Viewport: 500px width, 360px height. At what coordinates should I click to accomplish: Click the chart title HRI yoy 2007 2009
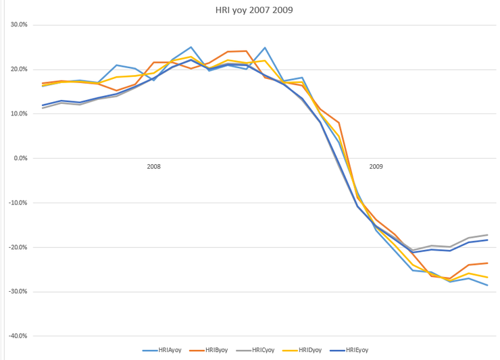click(x=249, y=10)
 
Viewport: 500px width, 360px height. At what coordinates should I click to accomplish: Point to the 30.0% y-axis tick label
click(x=19, y=25)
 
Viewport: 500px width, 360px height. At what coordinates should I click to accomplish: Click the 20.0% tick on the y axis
click(x=19, y=70)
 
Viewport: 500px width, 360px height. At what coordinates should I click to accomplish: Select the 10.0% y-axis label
click(x=19, y=114)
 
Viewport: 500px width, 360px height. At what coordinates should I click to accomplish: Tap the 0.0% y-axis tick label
click(x=20, y=158)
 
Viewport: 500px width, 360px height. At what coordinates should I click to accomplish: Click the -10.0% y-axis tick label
click(x=18, y=203)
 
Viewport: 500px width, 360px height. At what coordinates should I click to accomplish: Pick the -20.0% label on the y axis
click(x=18, y=247)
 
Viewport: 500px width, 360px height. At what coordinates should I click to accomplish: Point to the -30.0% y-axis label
click(x=18, y=292)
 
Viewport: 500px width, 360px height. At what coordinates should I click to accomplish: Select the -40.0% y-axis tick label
click(x=18, y=336)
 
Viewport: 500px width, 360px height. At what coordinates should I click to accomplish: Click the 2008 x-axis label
click(x=153, y=166)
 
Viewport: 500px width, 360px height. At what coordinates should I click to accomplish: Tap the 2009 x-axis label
click(x=376, y=166)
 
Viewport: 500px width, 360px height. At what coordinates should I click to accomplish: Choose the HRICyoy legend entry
click(x=259, y=350)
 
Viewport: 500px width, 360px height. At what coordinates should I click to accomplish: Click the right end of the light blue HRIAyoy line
click(x=487, y=285)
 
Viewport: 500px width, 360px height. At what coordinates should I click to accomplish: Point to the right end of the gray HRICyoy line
click(x=487, y=235)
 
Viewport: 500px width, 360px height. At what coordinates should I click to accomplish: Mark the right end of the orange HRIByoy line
click(x=487, y=263)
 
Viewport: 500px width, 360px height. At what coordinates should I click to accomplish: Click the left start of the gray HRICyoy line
click(x=43, y=108)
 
